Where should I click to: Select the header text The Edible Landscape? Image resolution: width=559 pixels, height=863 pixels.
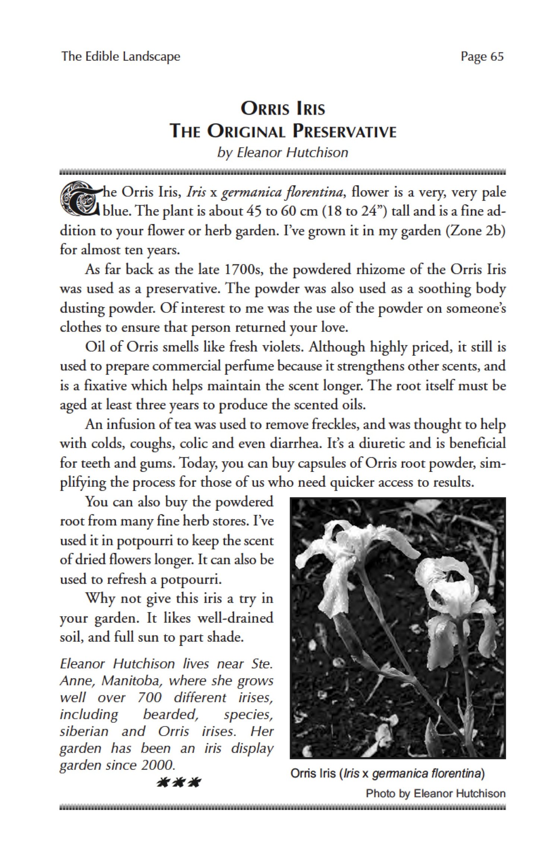tap(121, 56)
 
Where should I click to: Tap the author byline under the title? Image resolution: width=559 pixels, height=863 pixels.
tap(282, 153)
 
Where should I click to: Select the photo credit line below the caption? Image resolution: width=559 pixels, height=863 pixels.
tap(435, 793)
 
